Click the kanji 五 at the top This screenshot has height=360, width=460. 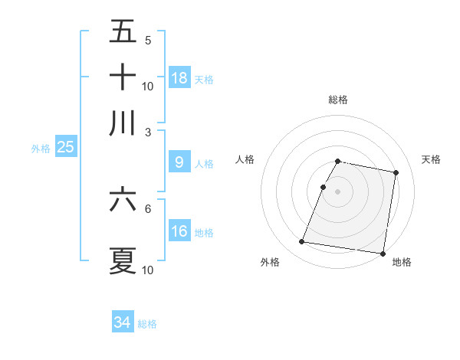pyautogui.click(x=123, y=32)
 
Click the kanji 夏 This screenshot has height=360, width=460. pyautogui.click(x=123, y=260)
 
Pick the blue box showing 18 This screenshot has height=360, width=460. pyautogui.click(x=179, y=77)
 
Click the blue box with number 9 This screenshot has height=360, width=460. pyautogui.click(x=179, y=162)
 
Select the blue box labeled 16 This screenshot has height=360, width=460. pyautogui.click(x=179, y=231)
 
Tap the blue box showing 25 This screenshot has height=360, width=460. pyautogui.click(x=65, y=147)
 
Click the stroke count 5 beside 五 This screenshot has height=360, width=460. pyautogui.click(x=148, y=41)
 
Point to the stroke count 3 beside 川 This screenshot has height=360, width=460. pyautogui.click(x=148, y=131)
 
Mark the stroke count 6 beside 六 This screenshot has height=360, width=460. pyautogui.click(x=148, y=208)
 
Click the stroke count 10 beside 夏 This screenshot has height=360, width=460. pyautogui.click(x=148, y=270)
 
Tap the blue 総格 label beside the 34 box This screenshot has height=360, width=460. pyautogui.click(x=147, y=324)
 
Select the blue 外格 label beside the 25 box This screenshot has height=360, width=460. pyautogui.click(x=41, y=149)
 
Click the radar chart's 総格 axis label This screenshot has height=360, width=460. pyautogui.click(x=338, y=100)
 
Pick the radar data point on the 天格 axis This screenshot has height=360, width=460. pyautogui.click(x=396, y=173)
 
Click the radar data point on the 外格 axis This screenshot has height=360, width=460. pyautogui.click(x=302, y=242)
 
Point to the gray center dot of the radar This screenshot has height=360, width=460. pyautogui.click(x=338, y=191)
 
